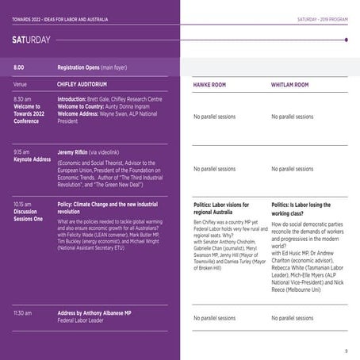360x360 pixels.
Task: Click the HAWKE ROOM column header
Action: [x=214, y=84]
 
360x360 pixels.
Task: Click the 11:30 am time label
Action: [x=24, y=312]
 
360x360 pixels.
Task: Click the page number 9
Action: [x=346, y=349]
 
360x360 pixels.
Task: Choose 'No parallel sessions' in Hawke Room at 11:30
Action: [x=214, y=317]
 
